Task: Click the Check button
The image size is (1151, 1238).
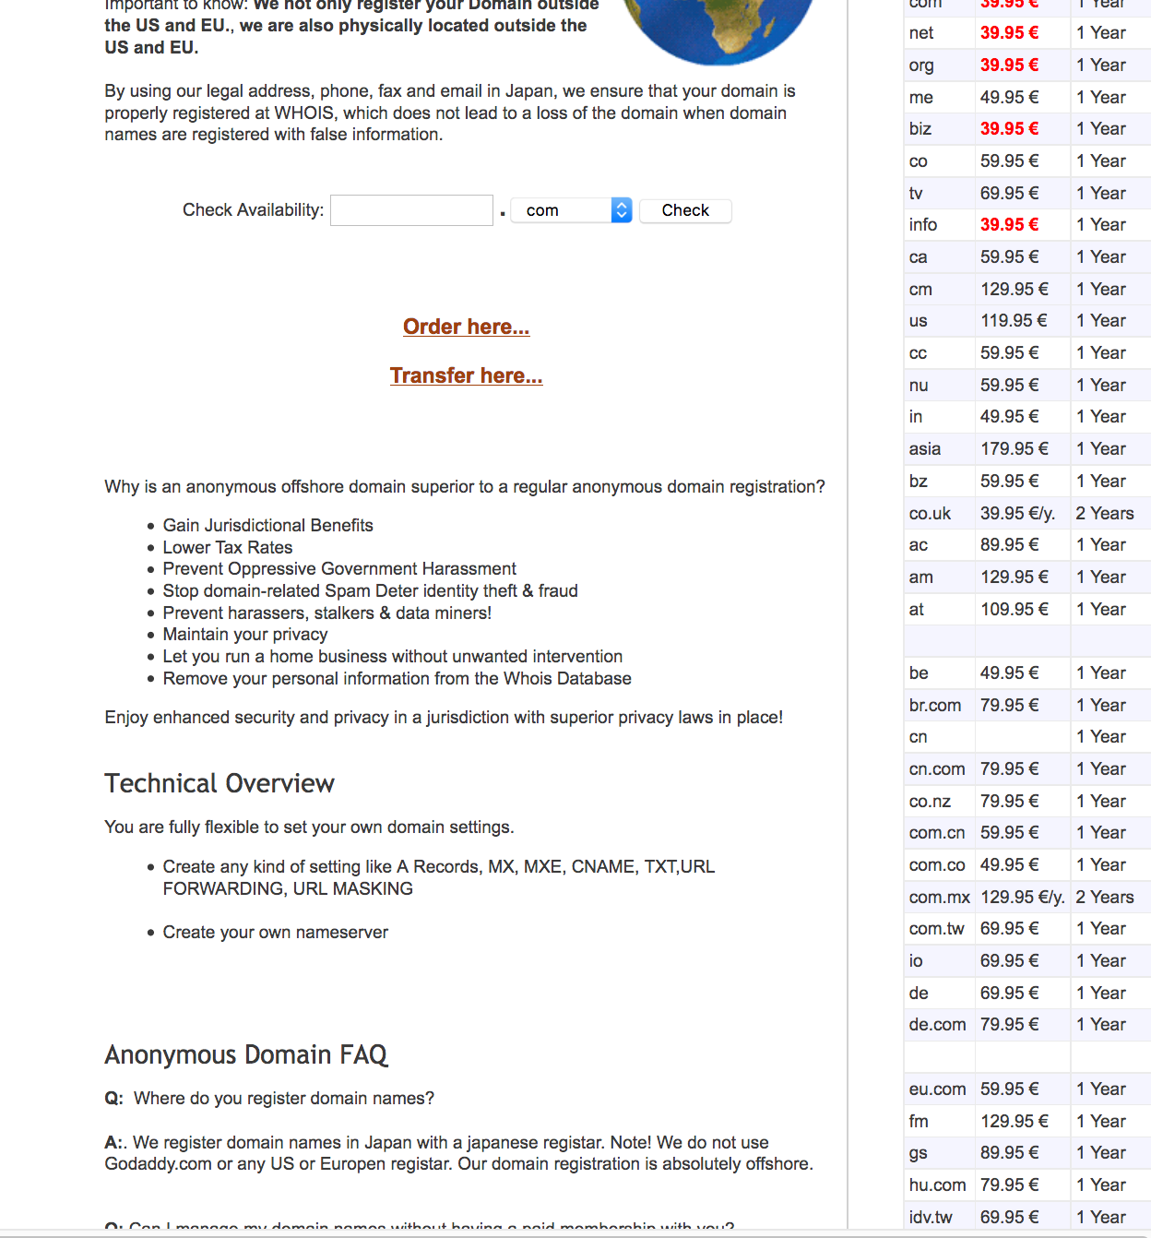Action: (685, 210)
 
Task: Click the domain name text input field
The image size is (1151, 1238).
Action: (411, 210)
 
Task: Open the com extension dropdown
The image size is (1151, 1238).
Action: (571, 210)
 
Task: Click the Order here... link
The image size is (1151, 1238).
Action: (466, 327)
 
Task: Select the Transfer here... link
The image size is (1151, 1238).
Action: (466, 375)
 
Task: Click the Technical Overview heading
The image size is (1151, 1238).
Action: (220, 783)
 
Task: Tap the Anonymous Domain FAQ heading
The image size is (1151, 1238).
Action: (246, 1054)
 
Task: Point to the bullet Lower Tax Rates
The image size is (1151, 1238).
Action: (228, 547)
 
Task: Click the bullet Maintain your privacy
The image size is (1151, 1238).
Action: (245, 634)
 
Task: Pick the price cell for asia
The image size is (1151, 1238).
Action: (1015, 449)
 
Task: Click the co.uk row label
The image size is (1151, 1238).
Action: (930, 514)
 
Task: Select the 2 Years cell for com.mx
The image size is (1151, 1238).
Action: (1105, 897)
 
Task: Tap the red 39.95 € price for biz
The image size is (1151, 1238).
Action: (1009, 129)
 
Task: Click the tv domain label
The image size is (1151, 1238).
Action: (916, 194)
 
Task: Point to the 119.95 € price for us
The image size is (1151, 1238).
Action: (1014, 321)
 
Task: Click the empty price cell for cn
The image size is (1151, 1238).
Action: (1022, 737)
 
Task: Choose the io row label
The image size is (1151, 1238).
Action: (916, 961)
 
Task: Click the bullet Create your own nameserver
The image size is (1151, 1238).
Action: (276, 932)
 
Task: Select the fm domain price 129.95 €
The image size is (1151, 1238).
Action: (1015, 1121)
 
